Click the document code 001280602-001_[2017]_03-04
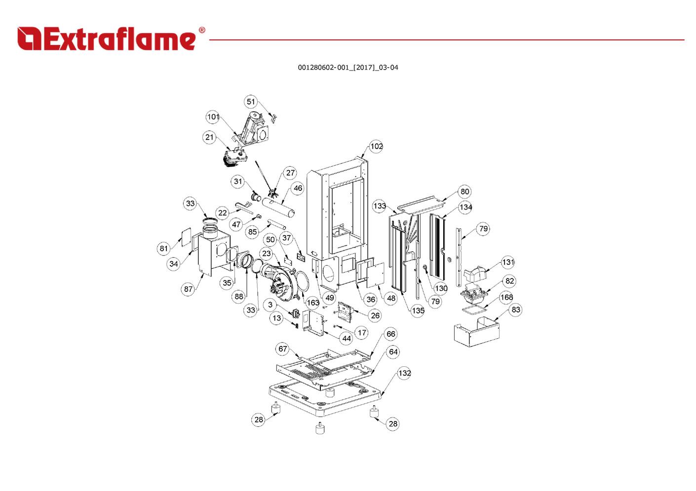pyautogui.click(x=348, y=68)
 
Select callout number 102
pyautogui.click(x=376, y=146)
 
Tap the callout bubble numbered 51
pyautogui.click(x=251, y=102)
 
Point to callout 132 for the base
pyautogui.click(x=404, y=373)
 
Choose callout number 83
pyautogui.click(x=516, y=310)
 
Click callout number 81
pyautogui.click(x=164, y=249)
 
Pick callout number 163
pyautogui.click(x=313, y=303)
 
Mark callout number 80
pyautogui.click(x=464, y=192)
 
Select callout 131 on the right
pyautogui.click(x=508, y=262)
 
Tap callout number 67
pyautogui.click(x=282, y=349)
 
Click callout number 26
pyautogui.click(x=375, y=316)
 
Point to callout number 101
pyautogui.click(x=213, y=117)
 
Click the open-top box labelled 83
pyautogui.click(x=476, y=332)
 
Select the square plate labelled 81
pyautogui.click(x=184, y=237)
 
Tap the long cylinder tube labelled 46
pyautogui.click(x=278, y=207)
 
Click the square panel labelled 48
pyautogui.click(x=375, y=275)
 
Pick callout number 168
pyautogui.click(x=506, y=297)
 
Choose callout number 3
pyautogui.click(x=270, y=305)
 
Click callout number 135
pyautogui.click(x=418, y=311)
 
